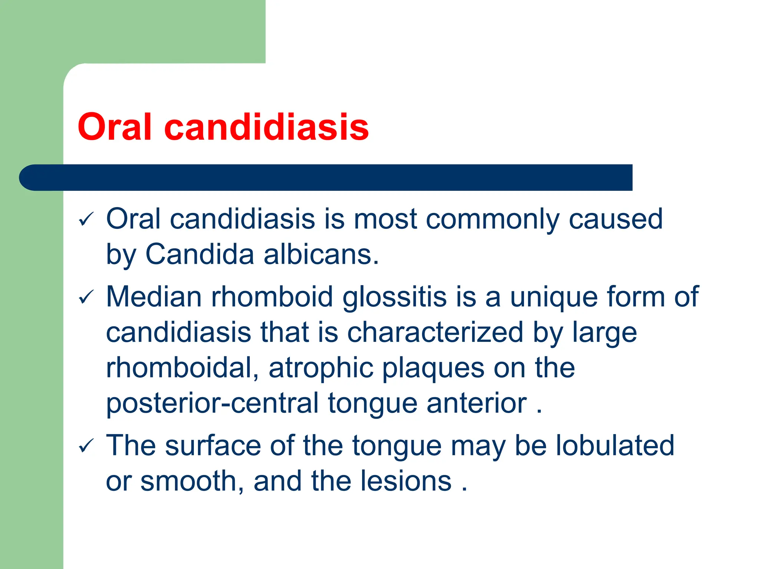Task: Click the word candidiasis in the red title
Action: pos(266,127)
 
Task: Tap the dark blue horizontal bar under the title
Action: pos(326,177)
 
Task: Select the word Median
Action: pos(154,297)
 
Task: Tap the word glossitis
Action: pos(394,297)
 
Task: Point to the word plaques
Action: pos(433,368)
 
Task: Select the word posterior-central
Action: pos(212,403)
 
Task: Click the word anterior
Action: pos(477,403)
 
